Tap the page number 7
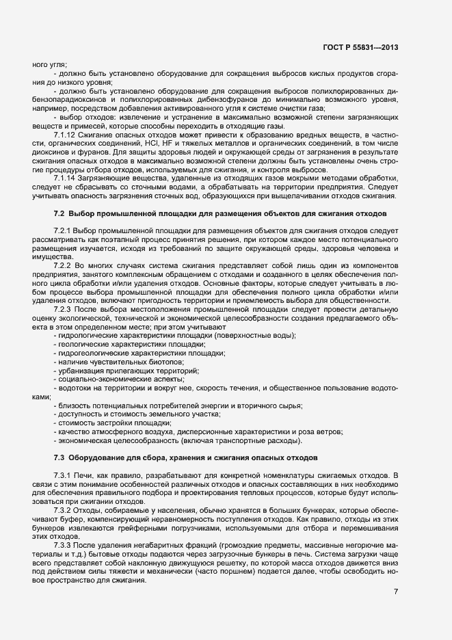[x=396, y=590]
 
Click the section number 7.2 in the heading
[x=59, y=215]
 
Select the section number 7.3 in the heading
[x=59, y=456]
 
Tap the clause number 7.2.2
[x=63, y=264]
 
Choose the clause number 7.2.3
[x=63, y=309]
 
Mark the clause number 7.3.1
[x=63, y=475]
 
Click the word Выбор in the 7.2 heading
[x=83, y=215]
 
